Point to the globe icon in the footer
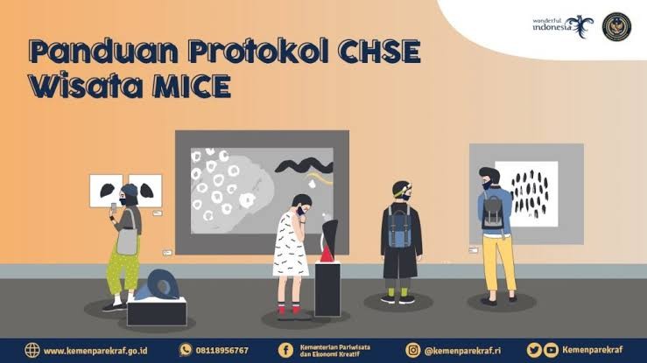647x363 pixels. coord(32,350)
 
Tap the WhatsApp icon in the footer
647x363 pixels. coord(186,350)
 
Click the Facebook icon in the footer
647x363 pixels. coord(285,350)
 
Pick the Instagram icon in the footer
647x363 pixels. coord(411,350)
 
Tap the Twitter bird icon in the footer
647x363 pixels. coord(533,350)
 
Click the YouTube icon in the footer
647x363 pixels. coord(551,350)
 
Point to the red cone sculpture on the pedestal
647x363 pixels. coord(326,254)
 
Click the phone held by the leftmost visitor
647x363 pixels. coord(112,209)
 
